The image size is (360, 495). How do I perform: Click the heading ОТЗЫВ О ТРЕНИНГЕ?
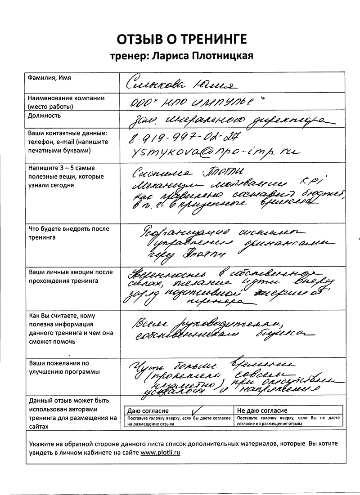[182, 39]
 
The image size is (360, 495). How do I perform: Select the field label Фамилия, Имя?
[49, 78]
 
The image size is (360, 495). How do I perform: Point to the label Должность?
[44, 115]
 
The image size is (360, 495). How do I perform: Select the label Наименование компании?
[66, 98]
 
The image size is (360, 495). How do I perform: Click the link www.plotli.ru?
[160, 453]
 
